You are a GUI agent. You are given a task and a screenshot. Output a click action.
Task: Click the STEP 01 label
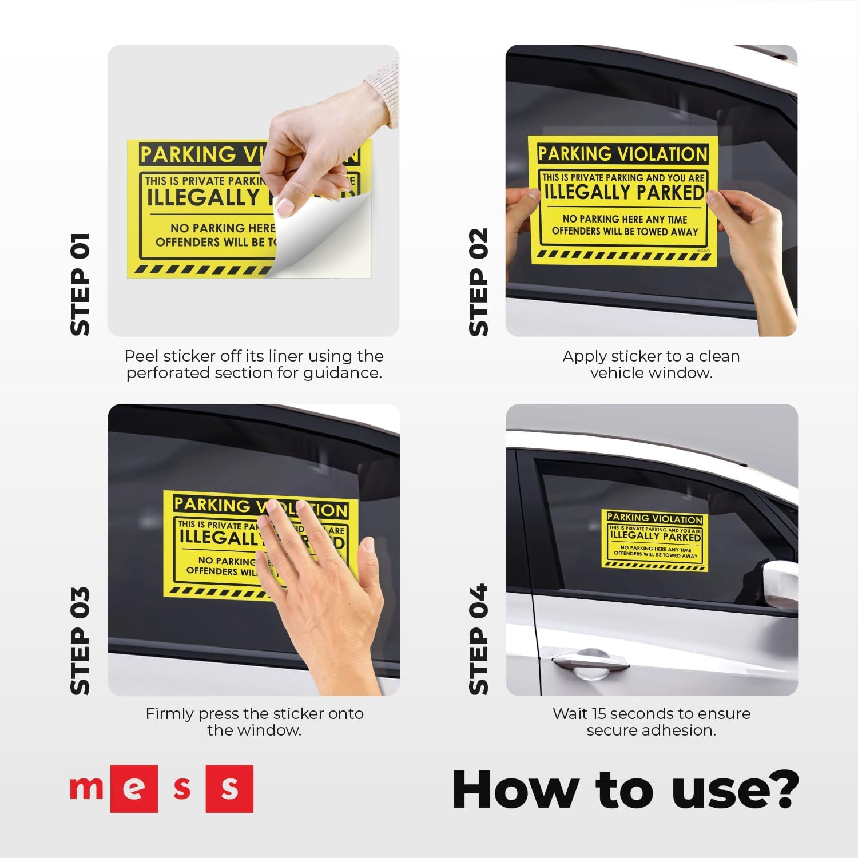(x=80, y=284)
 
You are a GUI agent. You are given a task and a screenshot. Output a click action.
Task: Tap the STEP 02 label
(x=479, y=282)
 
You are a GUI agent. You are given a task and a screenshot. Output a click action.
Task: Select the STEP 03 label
(x=80, y=641)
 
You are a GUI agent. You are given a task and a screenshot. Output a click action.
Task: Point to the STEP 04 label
(x=479, y=639)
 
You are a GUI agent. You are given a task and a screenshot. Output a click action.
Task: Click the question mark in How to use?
(x=780, y=789)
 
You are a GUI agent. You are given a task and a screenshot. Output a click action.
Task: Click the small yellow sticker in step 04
(x=655, y=540)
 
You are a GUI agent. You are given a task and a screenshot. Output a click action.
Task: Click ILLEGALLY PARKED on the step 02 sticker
(x=623, y=193)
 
